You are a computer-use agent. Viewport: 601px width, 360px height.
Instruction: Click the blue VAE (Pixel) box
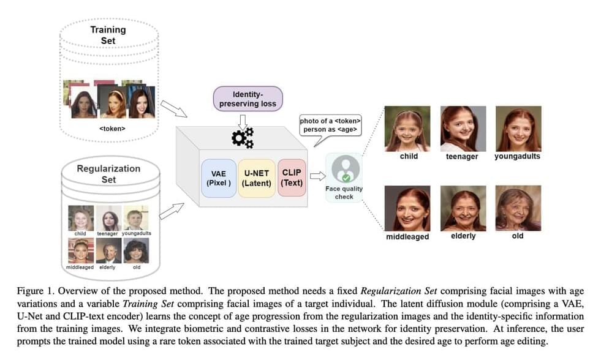click(x=218, y=178)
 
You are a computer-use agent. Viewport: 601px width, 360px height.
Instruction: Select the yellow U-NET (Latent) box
click(x=256, y=178)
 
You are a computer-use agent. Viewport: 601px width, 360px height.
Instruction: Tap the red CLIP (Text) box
click(x=292, y=178)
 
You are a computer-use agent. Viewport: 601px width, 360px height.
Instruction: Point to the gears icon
click(x=243, y=138)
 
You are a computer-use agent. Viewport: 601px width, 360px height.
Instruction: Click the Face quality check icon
click(x=344, y=168)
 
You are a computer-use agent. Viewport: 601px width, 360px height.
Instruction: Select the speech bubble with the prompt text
click(x=329, y=125)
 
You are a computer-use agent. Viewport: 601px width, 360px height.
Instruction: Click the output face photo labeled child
click(x=407, y=129)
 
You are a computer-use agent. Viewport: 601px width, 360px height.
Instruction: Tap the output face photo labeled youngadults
click(x=518, y=129)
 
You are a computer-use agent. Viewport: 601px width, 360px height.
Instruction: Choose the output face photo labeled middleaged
click(x=407, y=208)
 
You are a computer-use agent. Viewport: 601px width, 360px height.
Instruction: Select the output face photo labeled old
click(x=518, y=208)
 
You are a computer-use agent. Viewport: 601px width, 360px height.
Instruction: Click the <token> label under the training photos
click(x=112, y=129)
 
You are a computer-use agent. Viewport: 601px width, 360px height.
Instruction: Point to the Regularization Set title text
click(x=108, y=174)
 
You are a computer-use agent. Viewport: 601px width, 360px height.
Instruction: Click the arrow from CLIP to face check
click(x=317, y=177)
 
